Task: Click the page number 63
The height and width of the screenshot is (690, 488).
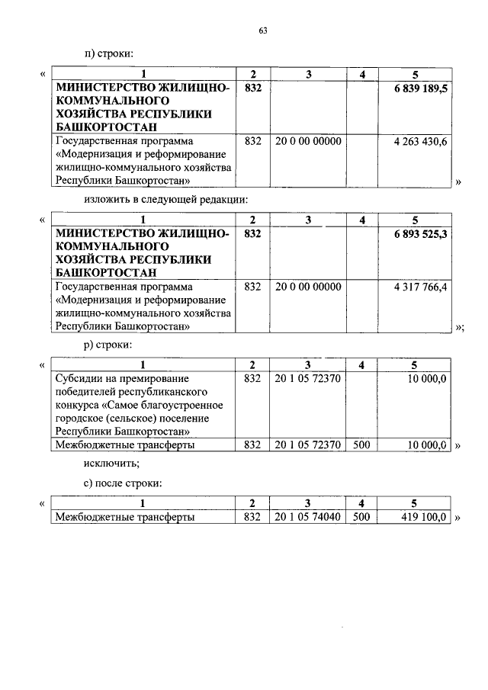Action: tap(263, 30)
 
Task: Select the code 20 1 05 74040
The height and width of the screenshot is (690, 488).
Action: tap(308, 517)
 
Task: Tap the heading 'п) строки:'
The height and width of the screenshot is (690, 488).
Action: tap(109, 53)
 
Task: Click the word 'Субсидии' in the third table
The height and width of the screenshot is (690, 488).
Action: tap(79, 378)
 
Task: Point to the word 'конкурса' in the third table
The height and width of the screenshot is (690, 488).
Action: tap(79, 405)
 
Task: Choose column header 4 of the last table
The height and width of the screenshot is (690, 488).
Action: tap(363, 503)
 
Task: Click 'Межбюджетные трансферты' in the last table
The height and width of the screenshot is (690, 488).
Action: tap(124, 517)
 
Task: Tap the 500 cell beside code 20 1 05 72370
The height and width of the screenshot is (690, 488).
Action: tap(363, 444)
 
